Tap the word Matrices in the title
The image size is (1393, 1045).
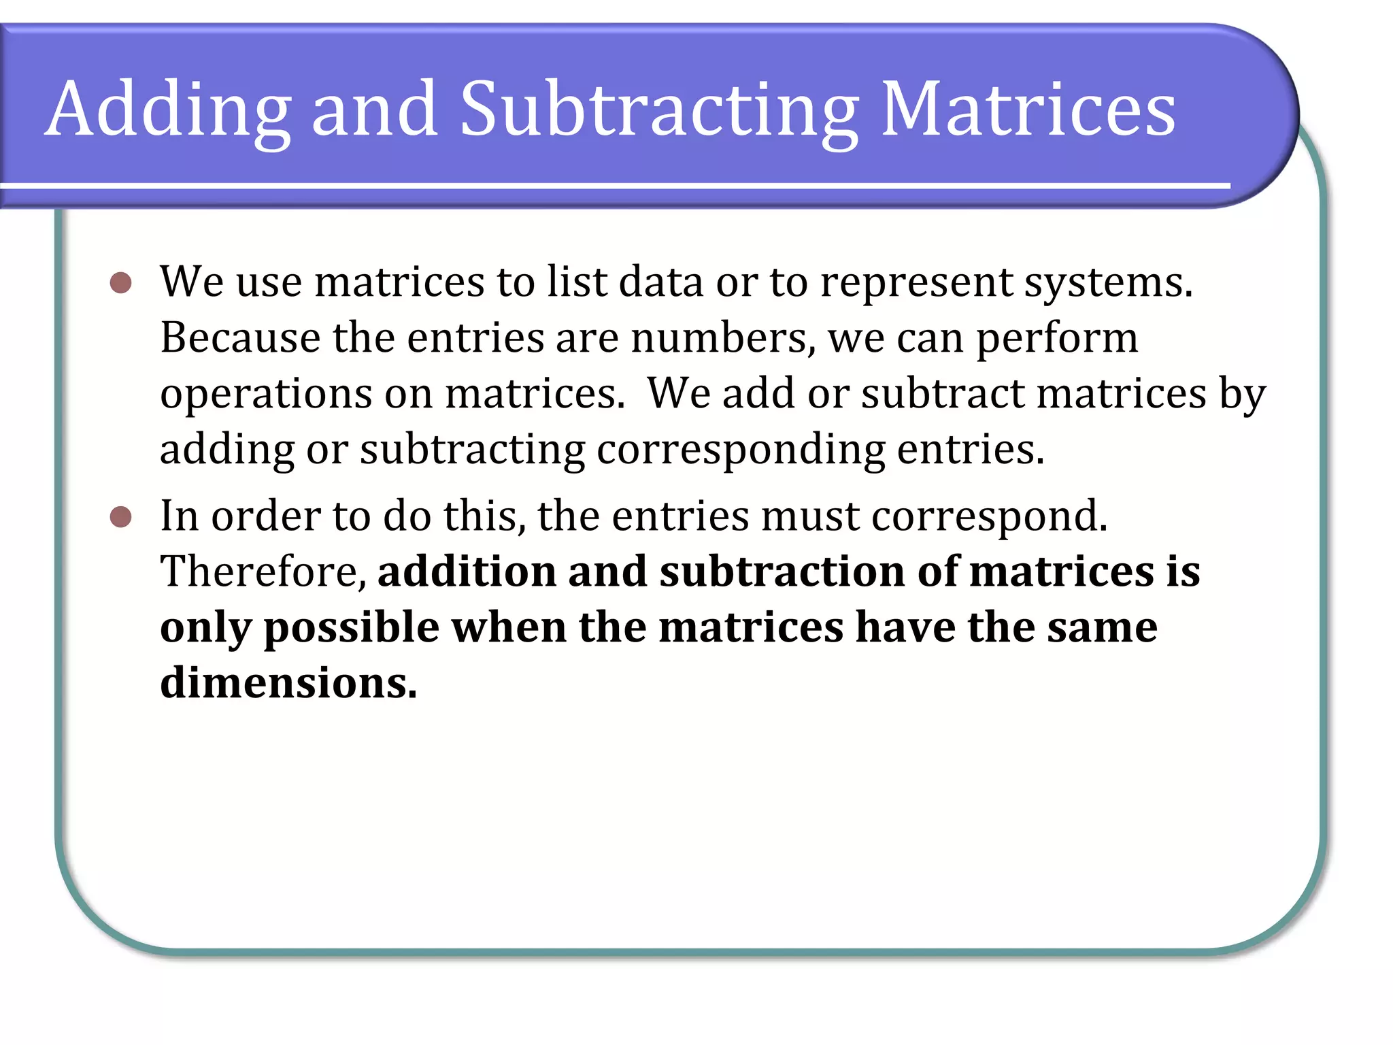coord(1028,109)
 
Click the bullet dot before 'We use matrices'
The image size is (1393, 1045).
coord(120,283)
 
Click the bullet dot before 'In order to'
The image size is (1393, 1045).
coord(120,517)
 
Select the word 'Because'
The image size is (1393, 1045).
coord(240,337)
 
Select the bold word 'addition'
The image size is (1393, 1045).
coord(467,571)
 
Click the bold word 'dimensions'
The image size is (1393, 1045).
coord(288,683)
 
